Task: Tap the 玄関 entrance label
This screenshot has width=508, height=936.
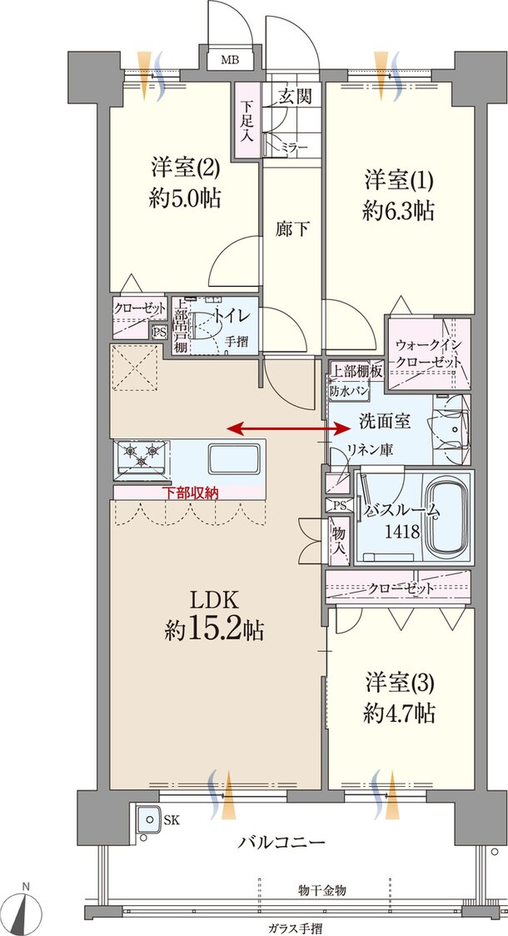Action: click(x=295, y=97)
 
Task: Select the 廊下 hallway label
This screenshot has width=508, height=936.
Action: click(x=291, y=228)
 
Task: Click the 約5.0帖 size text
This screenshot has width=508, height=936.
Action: click(x=186, y=199)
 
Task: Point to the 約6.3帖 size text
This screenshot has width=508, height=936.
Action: click(x=398, y=211)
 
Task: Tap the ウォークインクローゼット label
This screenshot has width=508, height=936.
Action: click(x=426, y=351)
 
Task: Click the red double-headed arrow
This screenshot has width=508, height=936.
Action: click(x=289, y=428)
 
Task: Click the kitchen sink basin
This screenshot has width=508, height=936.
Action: click(x=232, y=458)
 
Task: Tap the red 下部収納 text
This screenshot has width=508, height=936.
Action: click(x=190, y=493)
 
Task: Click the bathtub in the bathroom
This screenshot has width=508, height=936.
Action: click(x=447, y=518)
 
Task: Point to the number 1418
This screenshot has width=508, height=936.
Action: click(x=401, y=533)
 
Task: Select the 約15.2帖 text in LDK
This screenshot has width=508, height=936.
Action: click(x=214, y=630)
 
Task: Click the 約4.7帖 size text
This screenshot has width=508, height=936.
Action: click(x=400, y=713)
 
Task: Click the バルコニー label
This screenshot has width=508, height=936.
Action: click(x=282, y=842)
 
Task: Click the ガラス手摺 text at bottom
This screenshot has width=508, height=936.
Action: click(x=296, y=927)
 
